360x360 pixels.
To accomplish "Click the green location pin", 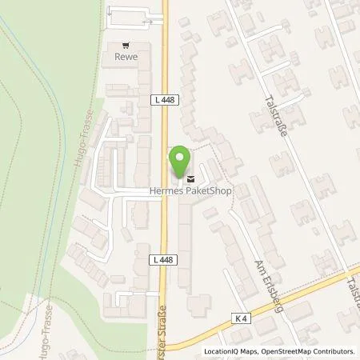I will click(182, 158).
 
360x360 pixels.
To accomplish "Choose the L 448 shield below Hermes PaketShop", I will click(161, 260).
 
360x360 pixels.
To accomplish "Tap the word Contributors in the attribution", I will click(334, 351).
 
